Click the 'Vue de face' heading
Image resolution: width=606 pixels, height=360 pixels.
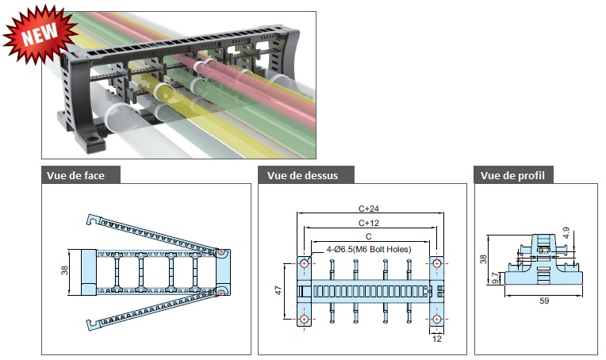pos(82,175)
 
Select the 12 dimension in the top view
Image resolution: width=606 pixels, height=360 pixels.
pos(438,339)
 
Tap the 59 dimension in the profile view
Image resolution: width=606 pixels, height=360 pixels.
pos(545,301)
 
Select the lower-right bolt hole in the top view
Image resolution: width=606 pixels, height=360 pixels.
pos(437,319)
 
